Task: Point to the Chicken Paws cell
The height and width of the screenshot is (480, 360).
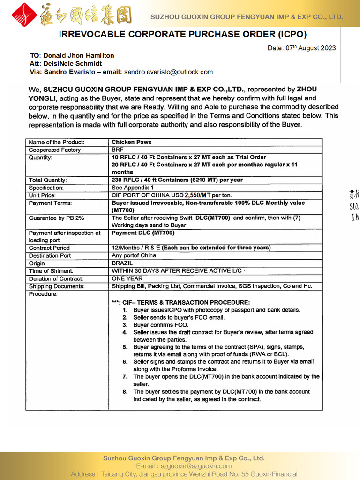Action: pyautogui.click(x=132, y=142)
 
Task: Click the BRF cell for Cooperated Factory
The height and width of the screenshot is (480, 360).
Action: pyautogui.click(x=118, y=150)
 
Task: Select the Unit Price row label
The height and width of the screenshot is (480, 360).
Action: pyautogui.click(x=42, y=195)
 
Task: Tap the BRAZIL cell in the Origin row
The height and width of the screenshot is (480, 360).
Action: pyautogui.click(x=122, y=263)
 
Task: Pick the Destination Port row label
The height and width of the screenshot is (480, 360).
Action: pyautogui.click(x=50, y=256)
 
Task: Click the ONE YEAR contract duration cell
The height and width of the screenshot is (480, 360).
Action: pyautogui.click(x=127, y=279)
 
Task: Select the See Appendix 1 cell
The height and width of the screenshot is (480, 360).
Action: pyautogui.click(x=132, y=187)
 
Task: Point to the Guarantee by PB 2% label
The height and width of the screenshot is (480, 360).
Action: pyautogui.click(x=56, y=218)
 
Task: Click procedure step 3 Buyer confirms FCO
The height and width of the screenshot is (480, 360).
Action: pyautogui.click(x=161, y=325)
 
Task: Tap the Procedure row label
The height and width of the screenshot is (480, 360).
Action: pyautogui.click(x=43, y=294)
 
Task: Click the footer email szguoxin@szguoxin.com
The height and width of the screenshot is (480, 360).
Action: pyautogui.click(x=196, y=466)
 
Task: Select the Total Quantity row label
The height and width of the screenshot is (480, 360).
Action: pyautogui.click(x=48, y=180)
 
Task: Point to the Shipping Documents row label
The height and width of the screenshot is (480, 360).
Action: pyautogui.click(x=57, y=286)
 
